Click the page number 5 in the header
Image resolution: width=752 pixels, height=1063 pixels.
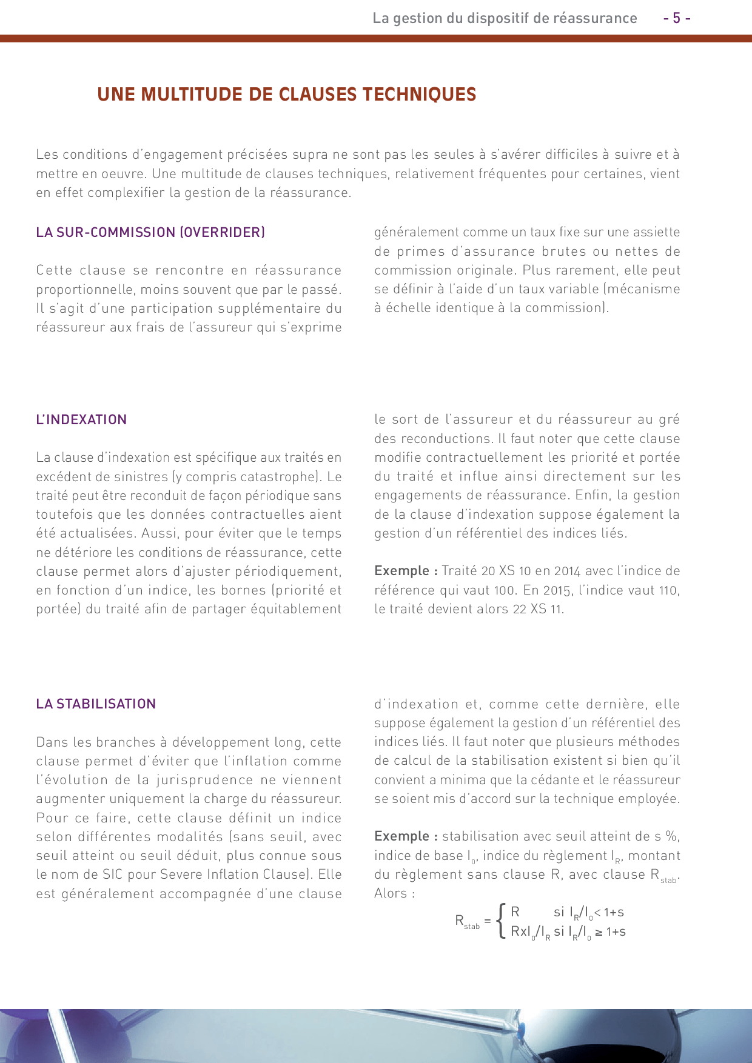pos(677,18)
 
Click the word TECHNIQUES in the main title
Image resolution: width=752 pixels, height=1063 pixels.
pos(419,95)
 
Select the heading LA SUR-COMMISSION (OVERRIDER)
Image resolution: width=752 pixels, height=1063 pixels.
pos(150,232)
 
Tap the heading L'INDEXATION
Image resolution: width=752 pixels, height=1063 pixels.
pos(81,419)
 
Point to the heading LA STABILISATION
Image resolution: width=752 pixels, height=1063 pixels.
pos(96,704)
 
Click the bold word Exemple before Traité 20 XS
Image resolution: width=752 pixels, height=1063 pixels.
pos(401,571)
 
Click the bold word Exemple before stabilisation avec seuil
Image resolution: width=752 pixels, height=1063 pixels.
pos(401,836)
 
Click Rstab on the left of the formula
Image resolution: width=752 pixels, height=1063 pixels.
pos(467,922)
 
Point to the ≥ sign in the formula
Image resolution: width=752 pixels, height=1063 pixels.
pos(599,932)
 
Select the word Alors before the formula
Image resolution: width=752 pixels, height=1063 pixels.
pos(391,893)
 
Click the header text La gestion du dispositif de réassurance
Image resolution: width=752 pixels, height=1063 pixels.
pos(505,18)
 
